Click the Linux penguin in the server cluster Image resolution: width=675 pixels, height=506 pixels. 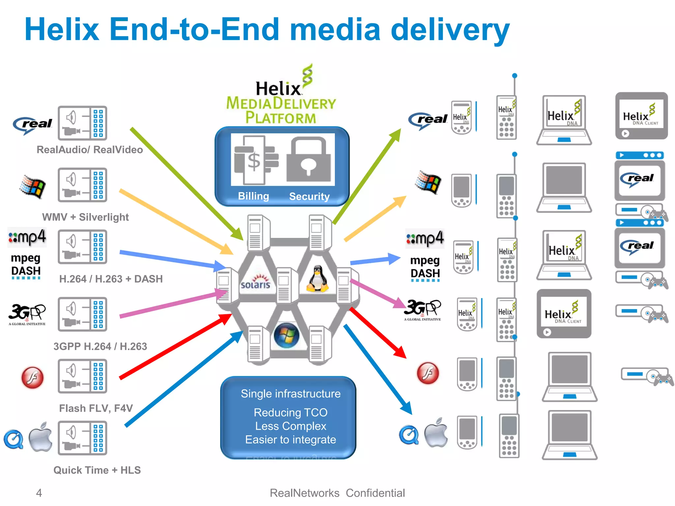coord(317,279)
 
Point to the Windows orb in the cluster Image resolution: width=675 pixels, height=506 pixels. coord(286,335)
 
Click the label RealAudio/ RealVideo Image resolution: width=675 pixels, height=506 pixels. coord(90,150)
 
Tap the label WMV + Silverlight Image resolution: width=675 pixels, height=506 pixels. coord(85,217)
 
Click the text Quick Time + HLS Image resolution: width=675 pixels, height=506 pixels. coord(97,470)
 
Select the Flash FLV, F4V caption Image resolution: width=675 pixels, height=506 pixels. coord(96,408)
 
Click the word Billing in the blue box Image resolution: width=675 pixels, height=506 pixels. coord(253,196)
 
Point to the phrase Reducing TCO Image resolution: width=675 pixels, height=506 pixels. coord(290,412)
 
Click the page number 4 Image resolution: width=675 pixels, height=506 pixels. coord(39,493)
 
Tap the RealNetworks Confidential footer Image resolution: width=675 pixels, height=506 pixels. coord(337,493)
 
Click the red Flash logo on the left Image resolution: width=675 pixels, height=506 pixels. coord(32,378)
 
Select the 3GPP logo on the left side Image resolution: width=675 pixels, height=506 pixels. coord(27,314)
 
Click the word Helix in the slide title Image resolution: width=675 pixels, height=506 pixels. coord(62,30)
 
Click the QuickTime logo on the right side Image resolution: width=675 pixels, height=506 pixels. coord(409,435)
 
